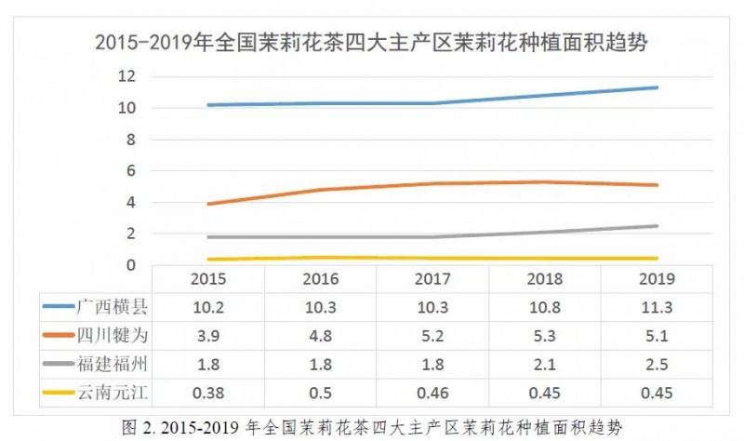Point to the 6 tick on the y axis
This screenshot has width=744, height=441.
pyautogui.click(x=131, y=171)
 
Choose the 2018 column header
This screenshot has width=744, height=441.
pyautogui.click(x=545, y=278)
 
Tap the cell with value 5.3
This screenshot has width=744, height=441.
pyautogui.click(x=545, y=331)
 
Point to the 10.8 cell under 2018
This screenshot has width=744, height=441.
pyautogui.click(x=545, y=305)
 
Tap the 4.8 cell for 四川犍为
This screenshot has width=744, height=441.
pyautogui.click(x=320, y=331)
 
